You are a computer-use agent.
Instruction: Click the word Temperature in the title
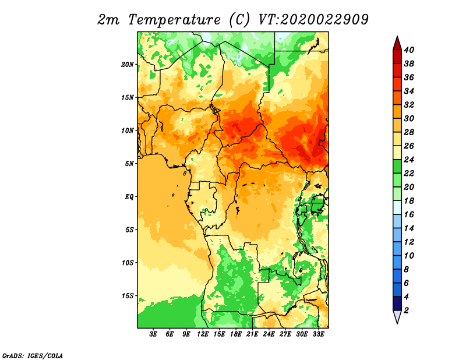click(174, 20)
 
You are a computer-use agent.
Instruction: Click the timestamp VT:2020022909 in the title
click(313, 20)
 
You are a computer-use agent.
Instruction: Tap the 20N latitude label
click(128, 65)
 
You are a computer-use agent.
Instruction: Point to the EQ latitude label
click(129, 197)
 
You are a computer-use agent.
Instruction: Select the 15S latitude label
click(128, 296)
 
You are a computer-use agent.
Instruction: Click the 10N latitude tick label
click(128, 130)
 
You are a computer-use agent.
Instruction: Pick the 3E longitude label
click(153, 334)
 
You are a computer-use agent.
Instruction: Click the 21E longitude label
click(252, 334)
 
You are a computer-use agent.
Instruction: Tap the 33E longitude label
click(318, 334)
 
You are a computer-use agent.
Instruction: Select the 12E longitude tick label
click(203, 334)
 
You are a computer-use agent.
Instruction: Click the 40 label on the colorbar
click(409, 50)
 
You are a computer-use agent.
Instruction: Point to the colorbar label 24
click(409, 160)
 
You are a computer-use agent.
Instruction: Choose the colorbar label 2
click(406, 310)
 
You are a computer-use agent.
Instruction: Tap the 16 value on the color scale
click(409, 214)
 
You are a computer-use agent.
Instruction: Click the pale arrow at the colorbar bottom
click(397, 316)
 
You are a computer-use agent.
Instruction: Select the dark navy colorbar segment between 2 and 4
click(397, 303)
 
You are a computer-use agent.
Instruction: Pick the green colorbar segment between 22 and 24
click(397, 167)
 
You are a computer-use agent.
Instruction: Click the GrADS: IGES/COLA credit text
click(33, 356)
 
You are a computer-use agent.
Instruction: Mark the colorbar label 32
click(409, 105)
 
